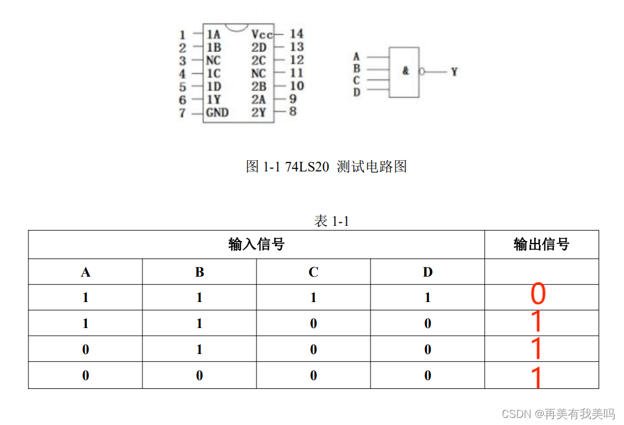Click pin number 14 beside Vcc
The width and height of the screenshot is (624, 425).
(296, 34)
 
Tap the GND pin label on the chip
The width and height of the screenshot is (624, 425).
(217, 112)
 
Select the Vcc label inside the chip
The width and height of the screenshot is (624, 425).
(262, 34)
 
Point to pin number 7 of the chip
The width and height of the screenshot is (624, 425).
(183, 113)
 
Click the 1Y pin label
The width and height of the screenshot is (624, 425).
(213, 99)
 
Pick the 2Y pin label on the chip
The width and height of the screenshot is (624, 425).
(258, 112)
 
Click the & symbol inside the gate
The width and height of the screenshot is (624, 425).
(405, 71)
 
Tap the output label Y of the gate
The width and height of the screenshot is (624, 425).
(454, 72)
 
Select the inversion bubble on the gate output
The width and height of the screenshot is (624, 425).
(422, 72)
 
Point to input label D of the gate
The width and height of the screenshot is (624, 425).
(356, 92)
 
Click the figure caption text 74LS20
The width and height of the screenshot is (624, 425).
(307, 167)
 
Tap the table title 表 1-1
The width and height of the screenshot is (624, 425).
(331, 222)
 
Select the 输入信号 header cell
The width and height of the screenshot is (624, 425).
(256, 244)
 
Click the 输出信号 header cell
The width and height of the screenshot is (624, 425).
(541, 244)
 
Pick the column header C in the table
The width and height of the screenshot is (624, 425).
(313, 272)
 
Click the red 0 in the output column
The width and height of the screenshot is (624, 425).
(538, 294)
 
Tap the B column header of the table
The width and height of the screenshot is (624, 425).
(199, 272)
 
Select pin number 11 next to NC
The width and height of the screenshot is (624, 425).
(297, 73)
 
